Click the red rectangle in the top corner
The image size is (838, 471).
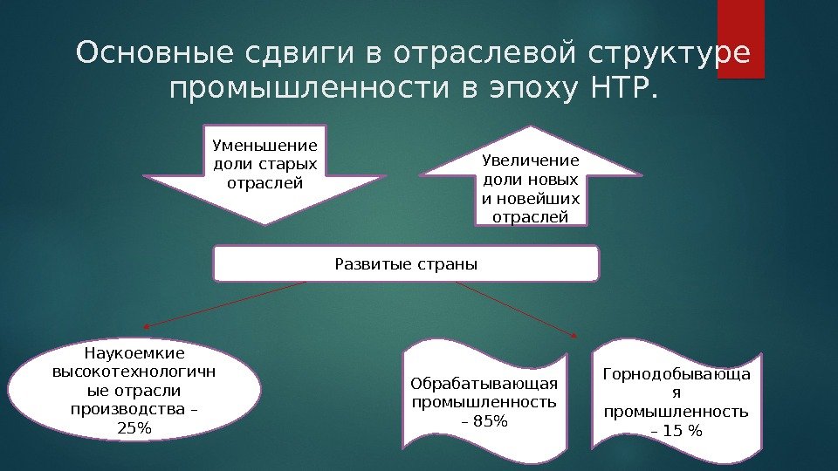(x=740, y=39)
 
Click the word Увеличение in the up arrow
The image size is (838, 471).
(x=531, y=160)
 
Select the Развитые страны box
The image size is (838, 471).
(x=407, y=263)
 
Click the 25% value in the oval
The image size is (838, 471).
(x=134, y=428)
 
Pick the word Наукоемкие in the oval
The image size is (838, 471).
(x=134, y=353)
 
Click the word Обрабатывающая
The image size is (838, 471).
(x=484, y=384)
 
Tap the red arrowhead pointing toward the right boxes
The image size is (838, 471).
(x=574, y=334)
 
